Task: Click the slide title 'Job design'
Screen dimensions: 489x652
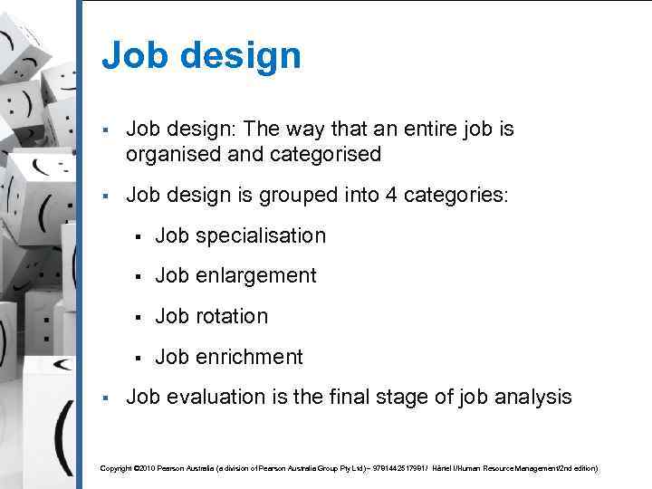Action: [201, 56]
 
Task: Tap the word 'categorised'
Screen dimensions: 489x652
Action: [325, 155]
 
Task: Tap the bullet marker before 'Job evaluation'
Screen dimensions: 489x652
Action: [106, 398]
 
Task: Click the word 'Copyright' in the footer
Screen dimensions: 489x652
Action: [116, 468]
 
